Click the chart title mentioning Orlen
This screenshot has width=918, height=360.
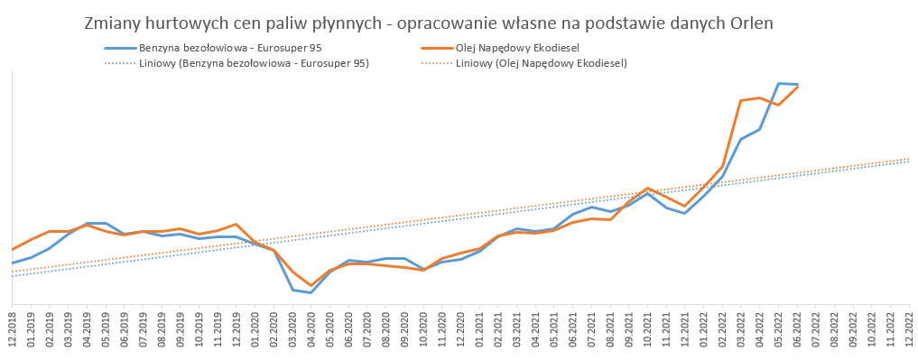click(429, 23)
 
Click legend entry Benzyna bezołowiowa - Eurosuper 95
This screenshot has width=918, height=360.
click(213, 49)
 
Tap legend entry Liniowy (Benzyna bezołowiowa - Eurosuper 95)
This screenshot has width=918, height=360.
click(236, 64)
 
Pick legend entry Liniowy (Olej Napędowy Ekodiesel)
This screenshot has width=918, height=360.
click(524, 64)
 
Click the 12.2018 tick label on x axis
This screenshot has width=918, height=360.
click(13, 331)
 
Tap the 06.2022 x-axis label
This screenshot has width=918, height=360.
click(798, 331)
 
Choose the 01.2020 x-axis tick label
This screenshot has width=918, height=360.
click(255, 331)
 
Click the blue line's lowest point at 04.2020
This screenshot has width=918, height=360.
click(311, 292)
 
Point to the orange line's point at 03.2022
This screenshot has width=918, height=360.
click(741, 101)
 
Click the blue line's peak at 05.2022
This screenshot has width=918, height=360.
click(779, 83)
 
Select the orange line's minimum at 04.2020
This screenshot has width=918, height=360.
click(311, 286)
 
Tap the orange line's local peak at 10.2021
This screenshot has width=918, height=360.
click(647, 189)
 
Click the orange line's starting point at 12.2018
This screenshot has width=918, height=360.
click(13, 249)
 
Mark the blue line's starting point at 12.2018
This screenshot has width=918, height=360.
click(13, 263)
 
